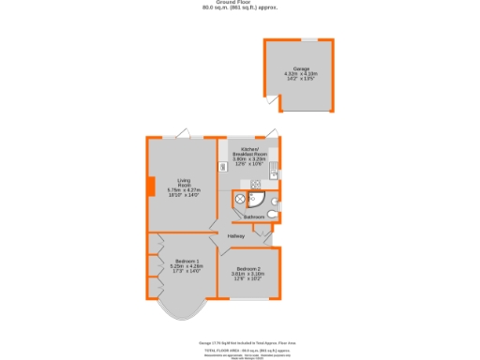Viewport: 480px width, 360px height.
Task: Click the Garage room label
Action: point(301,68)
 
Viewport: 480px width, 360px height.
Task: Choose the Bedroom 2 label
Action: point(249,269)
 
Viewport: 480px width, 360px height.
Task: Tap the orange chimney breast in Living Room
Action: point(151,186)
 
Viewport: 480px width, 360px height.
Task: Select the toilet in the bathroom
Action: point(270,214)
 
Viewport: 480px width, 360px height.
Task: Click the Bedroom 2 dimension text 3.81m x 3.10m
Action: point(249,275)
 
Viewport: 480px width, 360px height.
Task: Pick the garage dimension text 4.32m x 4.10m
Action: point(301,74)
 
